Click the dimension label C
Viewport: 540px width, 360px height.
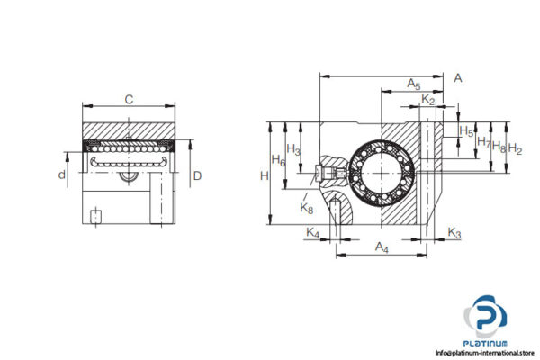click(x=128, y=100)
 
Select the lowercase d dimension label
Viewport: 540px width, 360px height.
click(x=62, y=175)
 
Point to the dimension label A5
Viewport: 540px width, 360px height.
click(x=413, y=84)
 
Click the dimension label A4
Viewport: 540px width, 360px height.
click(x=381, y=245)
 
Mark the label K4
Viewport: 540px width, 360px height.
click(x=312, y=234)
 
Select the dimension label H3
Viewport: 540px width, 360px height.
click(x=293, y=149)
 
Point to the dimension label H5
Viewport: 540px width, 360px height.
click(x=466, y=131)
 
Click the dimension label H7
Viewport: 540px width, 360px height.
click(x=482, y=142)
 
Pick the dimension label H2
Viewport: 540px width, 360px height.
click(x=515, y=148)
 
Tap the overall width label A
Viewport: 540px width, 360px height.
click(x=457, y=78)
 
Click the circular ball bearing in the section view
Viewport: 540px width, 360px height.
click(x=382, y=167)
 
